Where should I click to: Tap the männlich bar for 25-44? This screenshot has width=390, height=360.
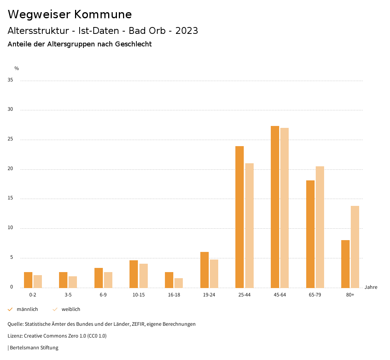[240, 217]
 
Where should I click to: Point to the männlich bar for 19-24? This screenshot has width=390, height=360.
[205, 270]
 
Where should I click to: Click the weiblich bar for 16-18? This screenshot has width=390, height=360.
[179, 283]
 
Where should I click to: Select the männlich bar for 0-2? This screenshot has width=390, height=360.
[28, 280]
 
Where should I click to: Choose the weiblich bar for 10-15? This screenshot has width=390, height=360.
[144, 276]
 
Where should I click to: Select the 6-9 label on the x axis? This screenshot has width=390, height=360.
[103, 295]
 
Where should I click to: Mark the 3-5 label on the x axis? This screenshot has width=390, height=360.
[68, 295]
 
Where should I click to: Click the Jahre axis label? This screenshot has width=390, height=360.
[371, 287]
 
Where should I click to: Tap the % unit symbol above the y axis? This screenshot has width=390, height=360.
[17, 68]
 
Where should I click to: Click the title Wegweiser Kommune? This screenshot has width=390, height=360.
[70, 14]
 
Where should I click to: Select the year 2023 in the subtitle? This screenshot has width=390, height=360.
[187, 31]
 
